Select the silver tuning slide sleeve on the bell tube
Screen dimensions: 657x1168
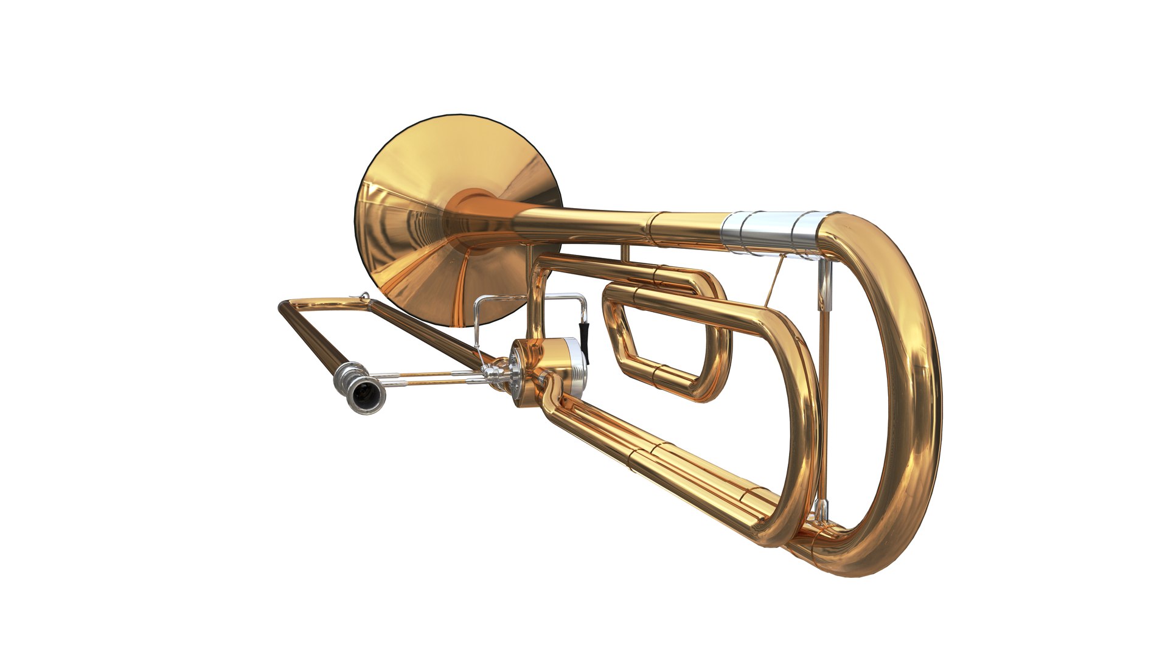[770, 231]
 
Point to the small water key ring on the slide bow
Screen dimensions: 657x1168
[364, 296]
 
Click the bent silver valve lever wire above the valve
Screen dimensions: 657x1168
[529, 297]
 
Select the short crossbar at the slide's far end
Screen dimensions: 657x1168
[322, 302]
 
